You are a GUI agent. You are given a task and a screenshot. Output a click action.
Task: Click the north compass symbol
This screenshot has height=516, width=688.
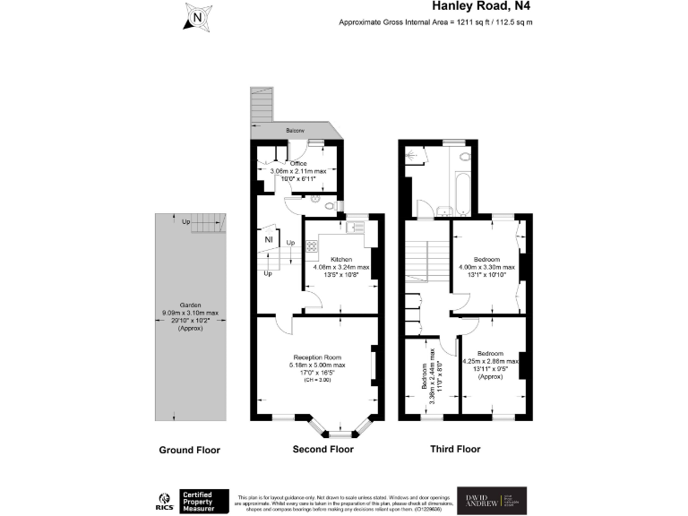point(197,15)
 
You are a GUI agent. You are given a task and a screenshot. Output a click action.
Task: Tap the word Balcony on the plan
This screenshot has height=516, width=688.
point(296,131)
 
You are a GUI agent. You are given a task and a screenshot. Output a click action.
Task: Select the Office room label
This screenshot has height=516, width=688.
point(297,164)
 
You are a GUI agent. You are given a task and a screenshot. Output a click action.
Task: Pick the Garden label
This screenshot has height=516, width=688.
point(190,305)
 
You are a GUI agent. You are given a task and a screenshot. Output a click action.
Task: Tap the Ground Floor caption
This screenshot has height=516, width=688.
point(189,450)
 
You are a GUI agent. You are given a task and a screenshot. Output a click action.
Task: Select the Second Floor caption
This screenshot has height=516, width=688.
point(323,450)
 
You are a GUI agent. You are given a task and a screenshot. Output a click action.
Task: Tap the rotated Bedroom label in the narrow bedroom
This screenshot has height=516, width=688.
point(425,380)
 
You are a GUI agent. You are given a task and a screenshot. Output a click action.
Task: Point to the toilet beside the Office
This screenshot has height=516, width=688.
point(331,206)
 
